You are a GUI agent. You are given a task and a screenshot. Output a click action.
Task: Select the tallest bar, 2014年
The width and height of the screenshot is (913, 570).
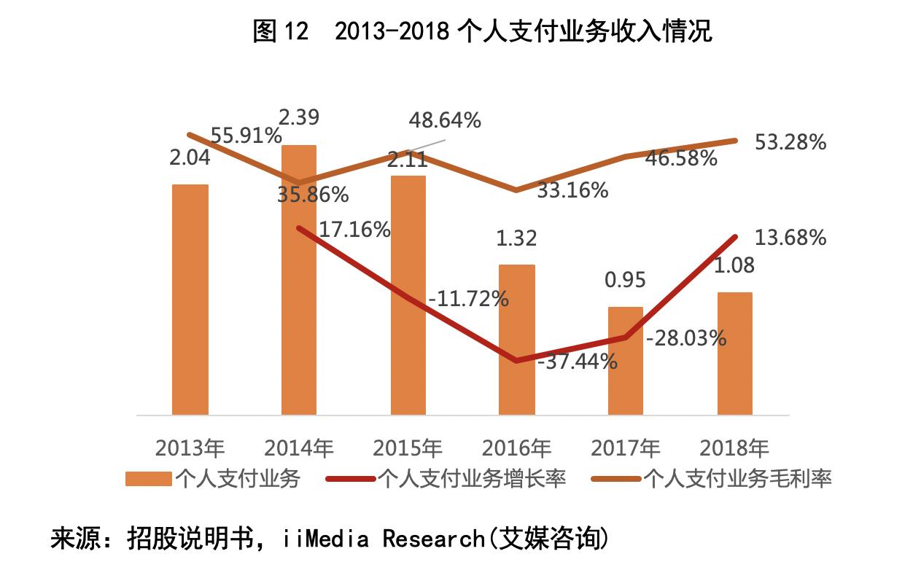[299, 292]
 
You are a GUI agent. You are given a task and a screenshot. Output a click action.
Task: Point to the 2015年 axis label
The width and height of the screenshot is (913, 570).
[408, 446]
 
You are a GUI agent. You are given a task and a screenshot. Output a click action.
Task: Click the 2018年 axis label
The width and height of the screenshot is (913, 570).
[734, 446]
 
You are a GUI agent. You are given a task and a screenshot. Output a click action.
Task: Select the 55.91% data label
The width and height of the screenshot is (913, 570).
[246, 136]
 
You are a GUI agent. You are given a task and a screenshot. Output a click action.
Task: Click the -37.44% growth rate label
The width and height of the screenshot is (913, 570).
[576, 361]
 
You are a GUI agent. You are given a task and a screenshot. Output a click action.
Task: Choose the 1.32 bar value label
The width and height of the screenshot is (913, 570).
[516, 238]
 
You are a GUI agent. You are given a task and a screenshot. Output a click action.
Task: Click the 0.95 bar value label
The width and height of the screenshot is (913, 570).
[625, 281]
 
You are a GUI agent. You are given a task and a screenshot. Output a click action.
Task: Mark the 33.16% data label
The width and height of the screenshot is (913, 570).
[572, 190]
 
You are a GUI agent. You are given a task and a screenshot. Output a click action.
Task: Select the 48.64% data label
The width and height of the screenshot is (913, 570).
[445, 120]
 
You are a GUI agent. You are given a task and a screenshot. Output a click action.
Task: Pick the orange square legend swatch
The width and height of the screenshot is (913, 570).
[148, 479]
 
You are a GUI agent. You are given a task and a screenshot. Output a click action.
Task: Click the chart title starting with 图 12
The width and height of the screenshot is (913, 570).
[482, 31]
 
